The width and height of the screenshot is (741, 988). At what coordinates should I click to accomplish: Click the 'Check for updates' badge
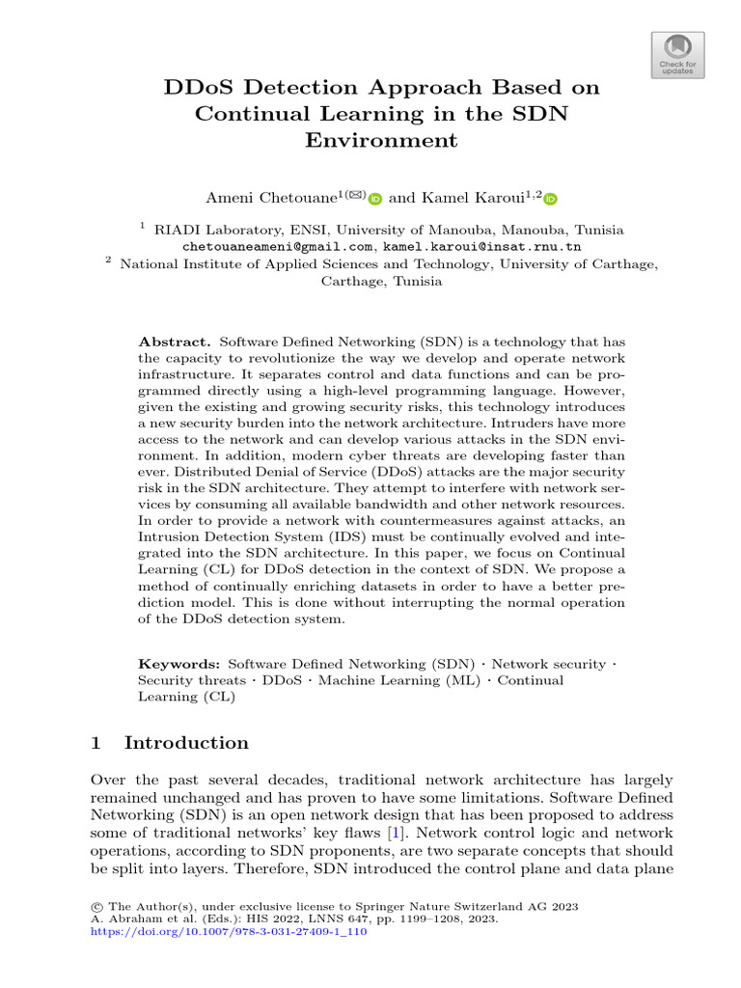[x=678, y=55]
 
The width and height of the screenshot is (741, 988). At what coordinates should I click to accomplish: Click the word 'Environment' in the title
[x=380, y=140]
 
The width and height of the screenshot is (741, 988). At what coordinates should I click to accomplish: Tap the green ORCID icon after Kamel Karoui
[x=551, y=199]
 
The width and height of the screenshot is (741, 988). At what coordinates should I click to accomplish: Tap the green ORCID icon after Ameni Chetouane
[x=375, y=199]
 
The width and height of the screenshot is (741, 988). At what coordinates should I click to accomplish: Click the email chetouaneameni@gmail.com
[x=266, y=247]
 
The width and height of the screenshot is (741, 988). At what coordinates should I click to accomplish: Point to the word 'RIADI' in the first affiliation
[x=178, y=230]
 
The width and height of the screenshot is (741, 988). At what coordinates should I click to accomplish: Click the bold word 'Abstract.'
[x=175, y=342]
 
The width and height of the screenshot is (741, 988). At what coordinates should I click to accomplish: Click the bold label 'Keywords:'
[x=179, y=664]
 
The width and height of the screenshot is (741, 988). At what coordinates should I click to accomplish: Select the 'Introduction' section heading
[x=186, y=742]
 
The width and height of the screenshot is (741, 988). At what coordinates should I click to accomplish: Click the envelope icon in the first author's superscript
[x=356, y=194]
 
